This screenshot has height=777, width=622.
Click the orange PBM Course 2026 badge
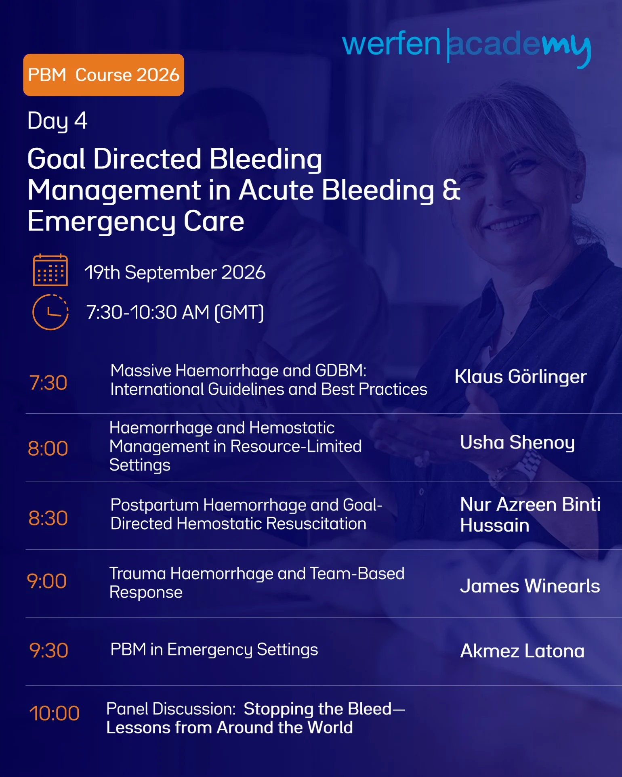coord(103,75)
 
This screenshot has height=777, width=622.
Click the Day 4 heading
coord(57,121)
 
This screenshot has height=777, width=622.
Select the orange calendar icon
coord(50,270)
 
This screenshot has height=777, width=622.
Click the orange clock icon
coord(50,312)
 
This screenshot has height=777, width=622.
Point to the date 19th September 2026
coord(175,272)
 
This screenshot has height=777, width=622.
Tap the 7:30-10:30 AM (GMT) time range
coord(175,312)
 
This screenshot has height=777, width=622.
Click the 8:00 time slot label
coord(48,448)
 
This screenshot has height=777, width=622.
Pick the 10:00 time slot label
coord(54,713)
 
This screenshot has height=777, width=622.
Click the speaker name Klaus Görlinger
coord(521,377)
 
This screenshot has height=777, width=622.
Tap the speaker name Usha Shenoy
coord(517,443)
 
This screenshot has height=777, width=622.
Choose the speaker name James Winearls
coord(530,586)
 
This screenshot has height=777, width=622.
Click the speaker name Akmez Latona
coord(522,651)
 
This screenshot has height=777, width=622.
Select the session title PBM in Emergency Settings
coord(214,650)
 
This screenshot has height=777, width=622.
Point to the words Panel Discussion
coord(171,709)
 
